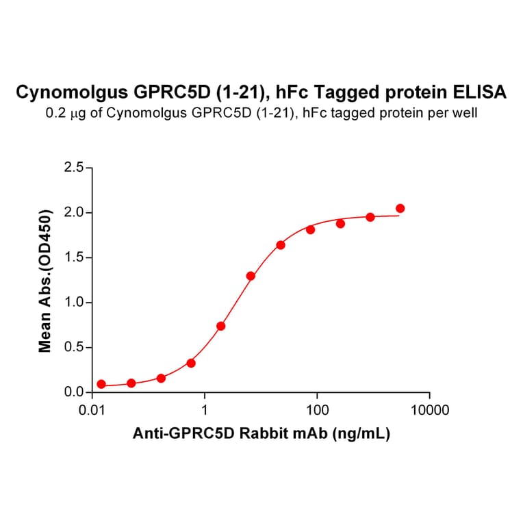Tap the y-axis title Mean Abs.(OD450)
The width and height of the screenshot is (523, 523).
point(46,279)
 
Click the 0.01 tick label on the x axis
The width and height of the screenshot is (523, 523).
point(92,410)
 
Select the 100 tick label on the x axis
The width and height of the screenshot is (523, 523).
point(317,410)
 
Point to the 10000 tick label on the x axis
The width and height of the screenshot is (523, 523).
point(429,410)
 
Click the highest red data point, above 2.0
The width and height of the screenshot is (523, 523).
point(400,208)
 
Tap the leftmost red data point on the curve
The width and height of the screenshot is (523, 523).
point(101,384)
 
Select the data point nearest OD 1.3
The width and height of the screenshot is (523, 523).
point(251,276)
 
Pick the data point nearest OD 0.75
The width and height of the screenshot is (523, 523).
point(220,326)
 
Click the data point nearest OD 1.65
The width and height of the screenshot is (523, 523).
point(281,244)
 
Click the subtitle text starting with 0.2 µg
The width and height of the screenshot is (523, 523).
point(261,113)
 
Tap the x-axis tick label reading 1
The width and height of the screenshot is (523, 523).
point(205,410)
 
